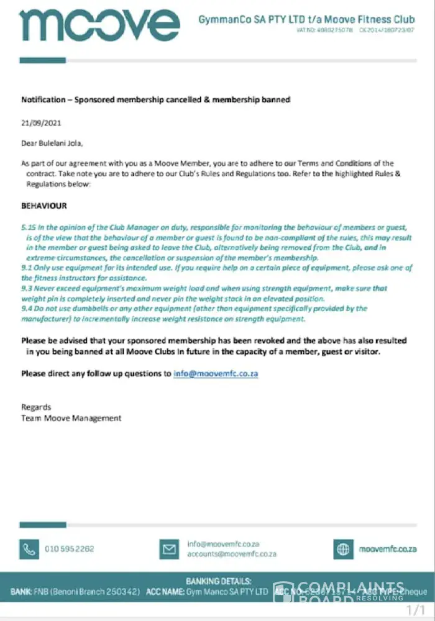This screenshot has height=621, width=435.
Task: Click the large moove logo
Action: (99, 25)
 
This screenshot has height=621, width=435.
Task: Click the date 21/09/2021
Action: (41, 123)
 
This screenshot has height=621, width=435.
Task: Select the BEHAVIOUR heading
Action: (44, 206)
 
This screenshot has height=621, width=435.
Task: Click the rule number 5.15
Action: (29, 228)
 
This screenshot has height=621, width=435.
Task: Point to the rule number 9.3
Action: (27, 289)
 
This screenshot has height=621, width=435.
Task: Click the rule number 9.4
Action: (27, 308)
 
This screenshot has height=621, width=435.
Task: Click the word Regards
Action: (36, 407)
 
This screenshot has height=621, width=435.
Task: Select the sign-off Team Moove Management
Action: (71, 418)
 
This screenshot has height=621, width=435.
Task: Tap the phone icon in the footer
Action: (29, 549)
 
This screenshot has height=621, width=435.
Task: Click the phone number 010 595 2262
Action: (70, 549)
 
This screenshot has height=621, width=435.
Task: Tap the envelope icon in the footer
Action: (169, 549)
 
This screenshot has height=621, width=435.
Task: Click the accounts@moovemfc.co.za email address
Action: (232, 554)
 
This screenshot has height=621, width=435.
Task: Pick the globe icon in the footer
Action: (343, 549)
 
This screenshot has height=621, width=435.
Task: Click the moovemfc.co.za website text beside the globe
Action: (388, 549)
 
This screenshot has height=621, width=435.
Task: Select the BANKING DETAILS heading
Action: (218, 581)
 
